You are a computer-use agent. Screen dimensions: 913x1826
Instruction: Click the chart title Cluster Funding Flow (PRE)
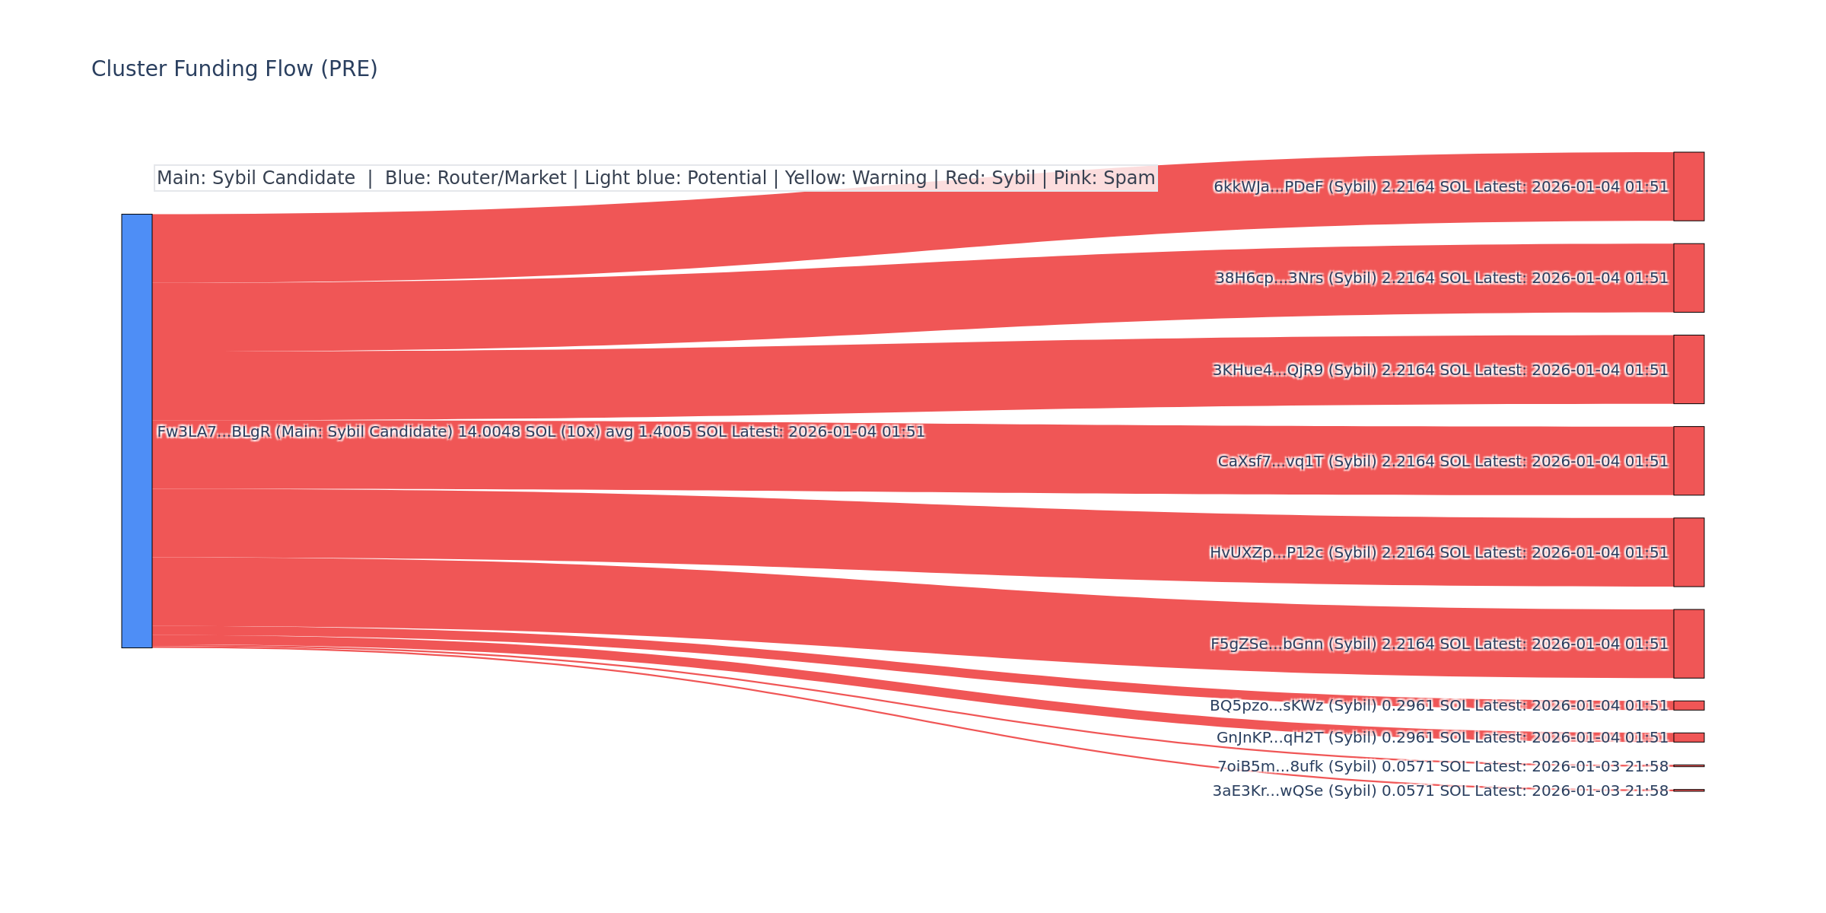tap(234, 69)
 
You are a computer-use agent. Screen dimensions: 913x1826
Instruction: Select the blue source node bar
tap(137, 431)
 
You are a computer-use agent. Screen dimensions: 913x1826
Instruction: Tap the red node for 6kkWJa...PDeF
tap(1688, 186)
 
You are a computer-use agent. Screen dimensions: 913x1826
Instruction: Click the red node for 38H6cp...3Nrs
tap(1688, 278)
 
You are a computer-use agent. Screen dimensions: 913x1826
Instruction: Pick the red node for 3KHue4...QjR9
tap(1688, 369)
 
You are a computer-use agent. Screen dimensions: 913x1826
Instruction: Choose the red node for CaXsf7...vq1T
tap(1688, 460)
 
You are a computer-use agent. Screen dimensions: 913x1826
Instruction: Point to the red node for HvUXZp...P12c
tap(1688, 552)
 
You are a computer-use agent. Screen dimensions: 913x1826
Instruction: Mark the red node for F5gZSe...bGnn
tap(1688, 644)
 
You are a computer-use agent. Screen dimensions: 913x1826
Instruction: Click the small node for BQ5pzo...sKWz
tap(1688, 705)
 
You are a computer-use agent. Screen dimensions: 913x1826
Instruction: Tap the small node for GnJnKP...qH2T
tap(1688, 737)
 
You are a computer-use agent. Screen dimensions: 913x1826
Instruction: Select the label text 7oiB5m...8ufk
tap(1258, 766)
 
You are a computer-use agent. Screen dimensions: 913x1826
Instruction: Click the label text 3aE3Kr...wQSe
tap(1256, 791)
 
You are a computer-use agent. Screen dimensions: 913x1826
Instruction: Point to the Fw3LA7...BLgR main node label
tap(213, 432)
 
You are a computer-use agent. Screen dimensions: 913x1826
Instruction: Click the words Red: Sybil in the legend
tap(990, 178)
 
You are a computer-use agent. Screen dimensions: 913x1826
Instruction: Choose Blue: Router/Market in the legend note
tap(476, 178)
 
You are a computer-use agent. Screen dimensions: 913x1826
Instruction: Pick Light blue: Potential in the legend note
tap(676, 178)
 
